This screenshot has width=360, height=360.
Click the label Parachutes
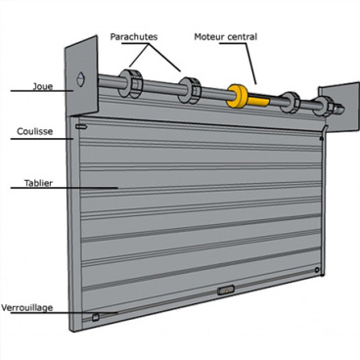pos(134,37)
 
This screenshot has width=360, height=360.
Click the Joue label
pos(43,86)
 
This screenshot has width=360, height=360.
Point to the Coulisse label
pos(34,131)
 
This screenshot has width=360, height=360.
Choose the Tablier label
pos(38,183)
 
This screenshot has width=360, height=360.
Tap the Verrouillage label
pos(26,308)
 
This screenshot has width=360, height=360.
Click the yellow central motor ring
pos(238,96)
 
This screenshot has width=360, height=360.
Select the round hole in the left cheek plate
pos(80,79)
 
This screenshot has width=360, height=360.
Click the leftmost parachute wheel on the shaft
pos(130,84)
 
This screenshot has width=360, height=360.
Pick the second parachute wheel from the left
pos(190,90)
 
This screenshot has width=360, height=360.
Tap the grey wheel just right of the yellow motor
pos(290,103)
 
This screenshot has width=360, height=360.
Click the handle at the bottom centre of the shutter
pos(226,290)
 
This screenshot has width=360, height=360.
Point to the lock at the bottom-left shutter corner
pos(96,317)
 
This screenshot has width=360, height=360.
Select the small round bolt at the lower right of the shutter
pos(317,270)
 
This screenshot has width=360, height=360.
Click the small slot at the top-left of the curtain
pos(81,126)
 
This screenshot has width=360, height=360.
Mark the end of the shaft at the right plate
pos(339,110)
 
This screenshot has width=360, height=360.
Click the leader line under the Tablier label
pos(64,188)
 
